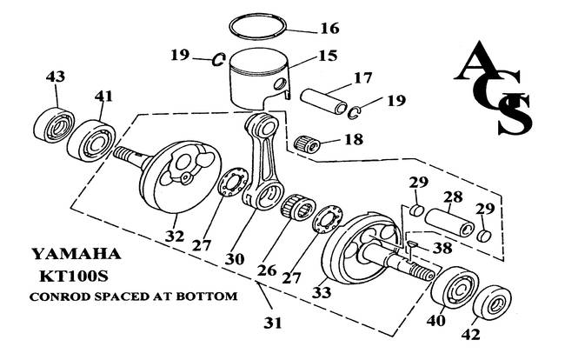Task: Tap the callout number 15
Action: (328, 56)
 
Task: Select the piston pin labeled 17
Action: (323, 101)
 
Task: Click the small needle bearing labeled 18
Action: (307, 144)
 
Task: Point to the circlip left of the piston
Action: (217, 60)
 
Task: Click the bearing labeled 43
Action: (54, 126)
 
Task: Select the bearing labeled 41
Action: (91, 141)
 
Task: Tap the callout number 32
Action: (175, 236)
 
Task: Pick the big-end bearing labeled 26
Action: (298, 208)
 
